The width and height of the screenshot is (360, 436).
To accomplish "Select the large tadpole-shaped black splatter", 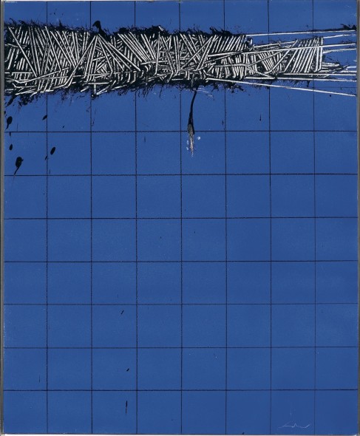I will point(18,162).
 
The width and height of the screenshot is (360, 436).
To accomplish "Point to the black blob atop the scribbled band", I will point(98,27).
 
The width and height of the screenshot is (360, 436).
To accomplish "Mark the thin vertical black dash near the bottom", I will point(126,406).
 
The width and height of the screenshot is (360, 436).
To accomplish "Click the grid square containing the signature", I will point(291,412).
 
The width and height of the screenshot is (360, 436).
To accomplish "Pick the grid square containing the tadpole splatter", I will point(25,153).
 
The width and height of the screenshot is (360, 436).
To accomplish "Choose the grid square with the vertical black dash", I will point(114,412).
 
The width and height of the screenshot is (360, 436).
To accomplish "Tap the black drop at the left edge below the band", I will point(9,121).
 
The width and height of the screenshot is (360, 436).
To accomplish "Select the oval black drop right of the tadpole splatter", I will point(52,151).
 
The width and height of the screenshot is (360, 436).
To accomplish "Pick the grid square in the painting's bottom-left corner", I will point(25,412).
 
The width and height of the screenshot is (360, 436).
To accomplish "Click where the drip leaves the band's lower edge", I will point(194,92).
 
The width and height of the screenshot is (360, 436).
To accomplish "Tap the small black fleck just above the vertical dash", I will point(127,369).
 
